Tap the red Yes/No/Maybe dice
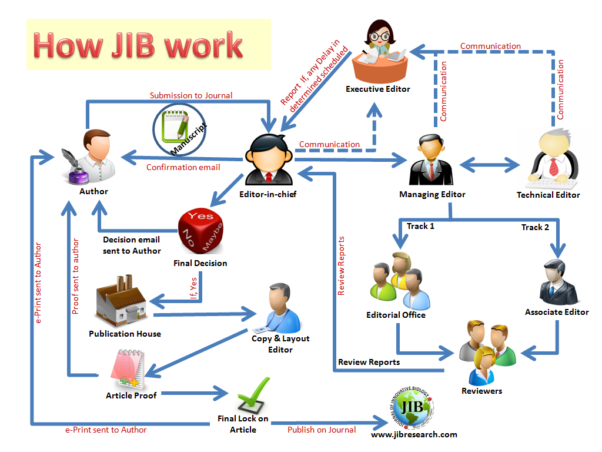point(200,233)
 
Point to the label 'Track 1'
point(420,226)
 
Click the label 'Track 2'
point(535,227)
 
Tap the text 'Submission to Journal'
point(191,95)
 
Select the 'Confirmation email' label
point(183,167)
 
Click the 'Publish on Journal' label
point(322,430)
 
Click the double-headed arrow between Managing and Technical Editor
point(490,165)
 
